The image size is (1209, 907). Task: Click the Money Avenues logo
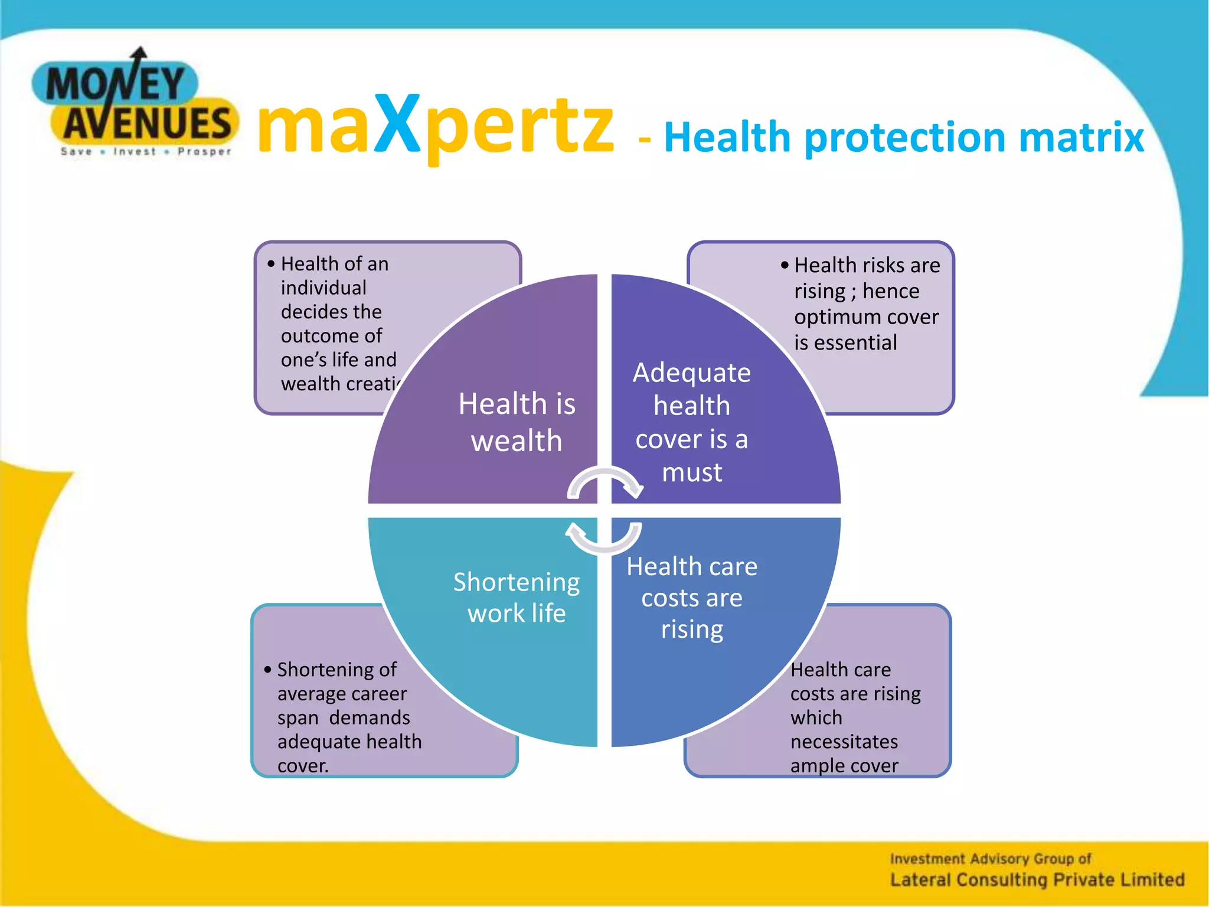(x=136, y=103)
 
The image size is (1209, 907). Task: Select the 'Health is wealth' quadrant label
(x=517, y=422)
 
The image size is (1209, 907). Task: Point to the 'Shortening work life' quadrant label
(x=517, y=598)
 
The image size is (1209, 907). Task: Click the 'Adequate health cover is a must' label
(x=692, y=422)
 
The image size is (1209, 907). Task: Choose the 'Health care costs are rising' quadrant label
(x=692, y=598)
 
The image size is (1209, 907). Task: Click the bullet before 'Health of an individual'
(x=271, y=264)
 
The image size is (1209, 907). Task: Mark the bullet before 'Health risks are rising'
(x=785, y=266)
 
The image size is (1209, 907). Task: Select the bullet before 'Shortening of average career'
(x=267, y=670)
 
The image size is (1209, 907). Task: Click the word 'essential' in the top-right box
(x=855, y=342)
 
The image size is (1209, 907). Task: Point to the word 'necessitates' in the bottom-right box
(x=844, y=741)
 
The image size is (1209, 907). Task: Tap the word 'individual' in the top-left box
(x=324, y=288)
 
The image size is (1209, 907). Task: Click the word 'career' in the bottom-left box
(x=378, y=694)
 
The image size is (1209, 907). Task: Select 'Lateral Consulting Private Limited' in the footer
(x=1037, y=880)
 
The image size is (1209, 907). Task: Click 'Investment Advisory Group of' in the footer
(x=991, y=859)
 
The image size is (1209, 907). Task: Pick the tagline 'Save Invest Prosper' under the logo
(x=146, y=152)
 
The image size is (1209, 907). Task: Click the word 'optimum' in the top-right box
(x=832, y=317)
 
